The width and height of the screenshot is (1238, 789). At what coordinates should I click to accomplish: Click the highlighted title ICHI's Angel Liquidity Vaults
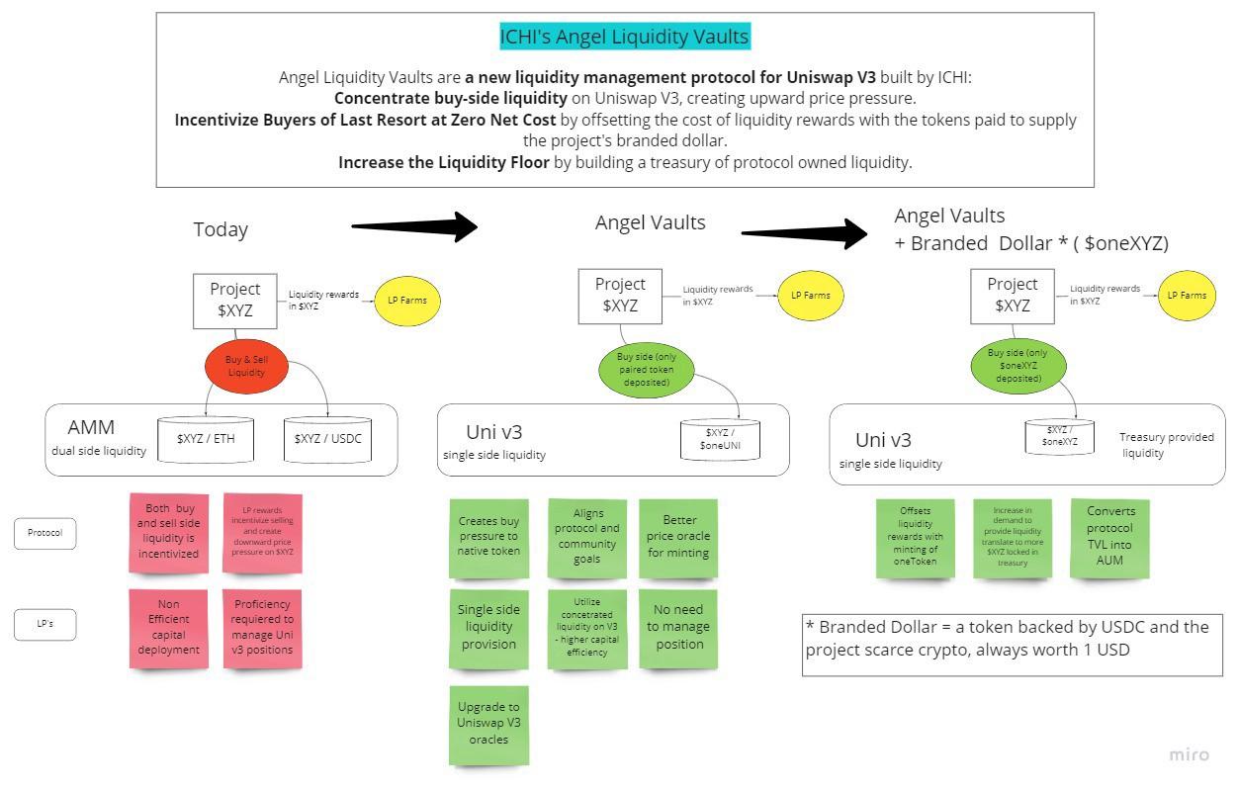[x=624, y=38]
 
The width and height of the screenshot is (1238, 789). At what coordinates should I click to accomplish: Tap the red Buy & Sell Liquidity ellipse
[x=246, y=366]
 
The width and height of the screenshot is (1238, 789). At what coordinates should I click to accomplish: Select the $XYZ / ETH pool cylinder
[x=206, y=438]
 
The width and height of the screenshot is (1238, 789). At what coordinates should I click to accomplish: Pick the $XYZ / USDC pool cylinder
[x=328, y=438]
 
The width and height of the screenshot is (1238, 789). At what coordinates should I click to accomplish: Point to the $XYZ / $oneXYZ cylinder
[x=1059, y=436]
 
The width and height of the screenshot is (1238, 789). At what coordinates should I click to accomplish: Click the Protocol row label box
[x=44, y=533]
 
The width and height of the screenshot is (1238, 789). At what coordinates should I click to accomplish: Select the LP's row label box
[x=44, y=624]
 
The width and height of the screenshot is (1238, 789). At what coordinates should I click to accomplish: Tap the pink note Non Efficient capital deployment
[x=168, y=628]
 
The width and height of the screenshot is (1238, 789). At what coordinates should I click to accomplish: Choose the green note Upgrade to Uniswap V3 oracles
[x=488, y=724]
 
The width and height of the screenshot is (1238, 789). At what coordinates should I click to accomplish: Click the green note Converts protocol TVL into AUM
[x=1109, y=537]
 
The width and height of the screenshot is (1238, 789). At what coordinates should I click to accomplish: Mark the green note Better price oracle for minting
[x=678, y=537]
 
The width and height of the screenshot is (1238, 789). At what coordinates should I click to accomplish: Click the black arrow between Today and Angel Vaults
[x=415, y=226]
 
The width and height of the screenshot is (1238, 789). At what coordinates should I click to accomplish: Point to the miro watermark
[x=1189, y=754]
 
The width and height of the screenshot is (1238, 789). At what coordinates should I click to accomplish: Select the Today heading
[x=221, y=229]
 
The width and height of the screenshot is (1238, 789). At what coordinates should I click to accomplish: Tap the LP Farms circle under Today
[x=407, y=300]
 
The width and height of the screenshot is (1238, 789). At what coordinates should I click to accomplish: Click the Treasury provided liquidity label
[x=1166, y=445]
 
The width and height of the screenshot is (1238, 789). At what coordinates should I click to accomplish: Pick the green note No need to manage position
[x=678, y=628]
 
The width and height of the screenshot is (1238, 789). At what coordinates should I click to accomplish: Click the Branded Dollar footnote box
[x=1012, y=644]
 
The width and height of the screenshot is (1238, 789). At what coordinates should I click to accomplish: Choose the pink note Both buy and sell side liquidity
[x=168, y=532]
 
